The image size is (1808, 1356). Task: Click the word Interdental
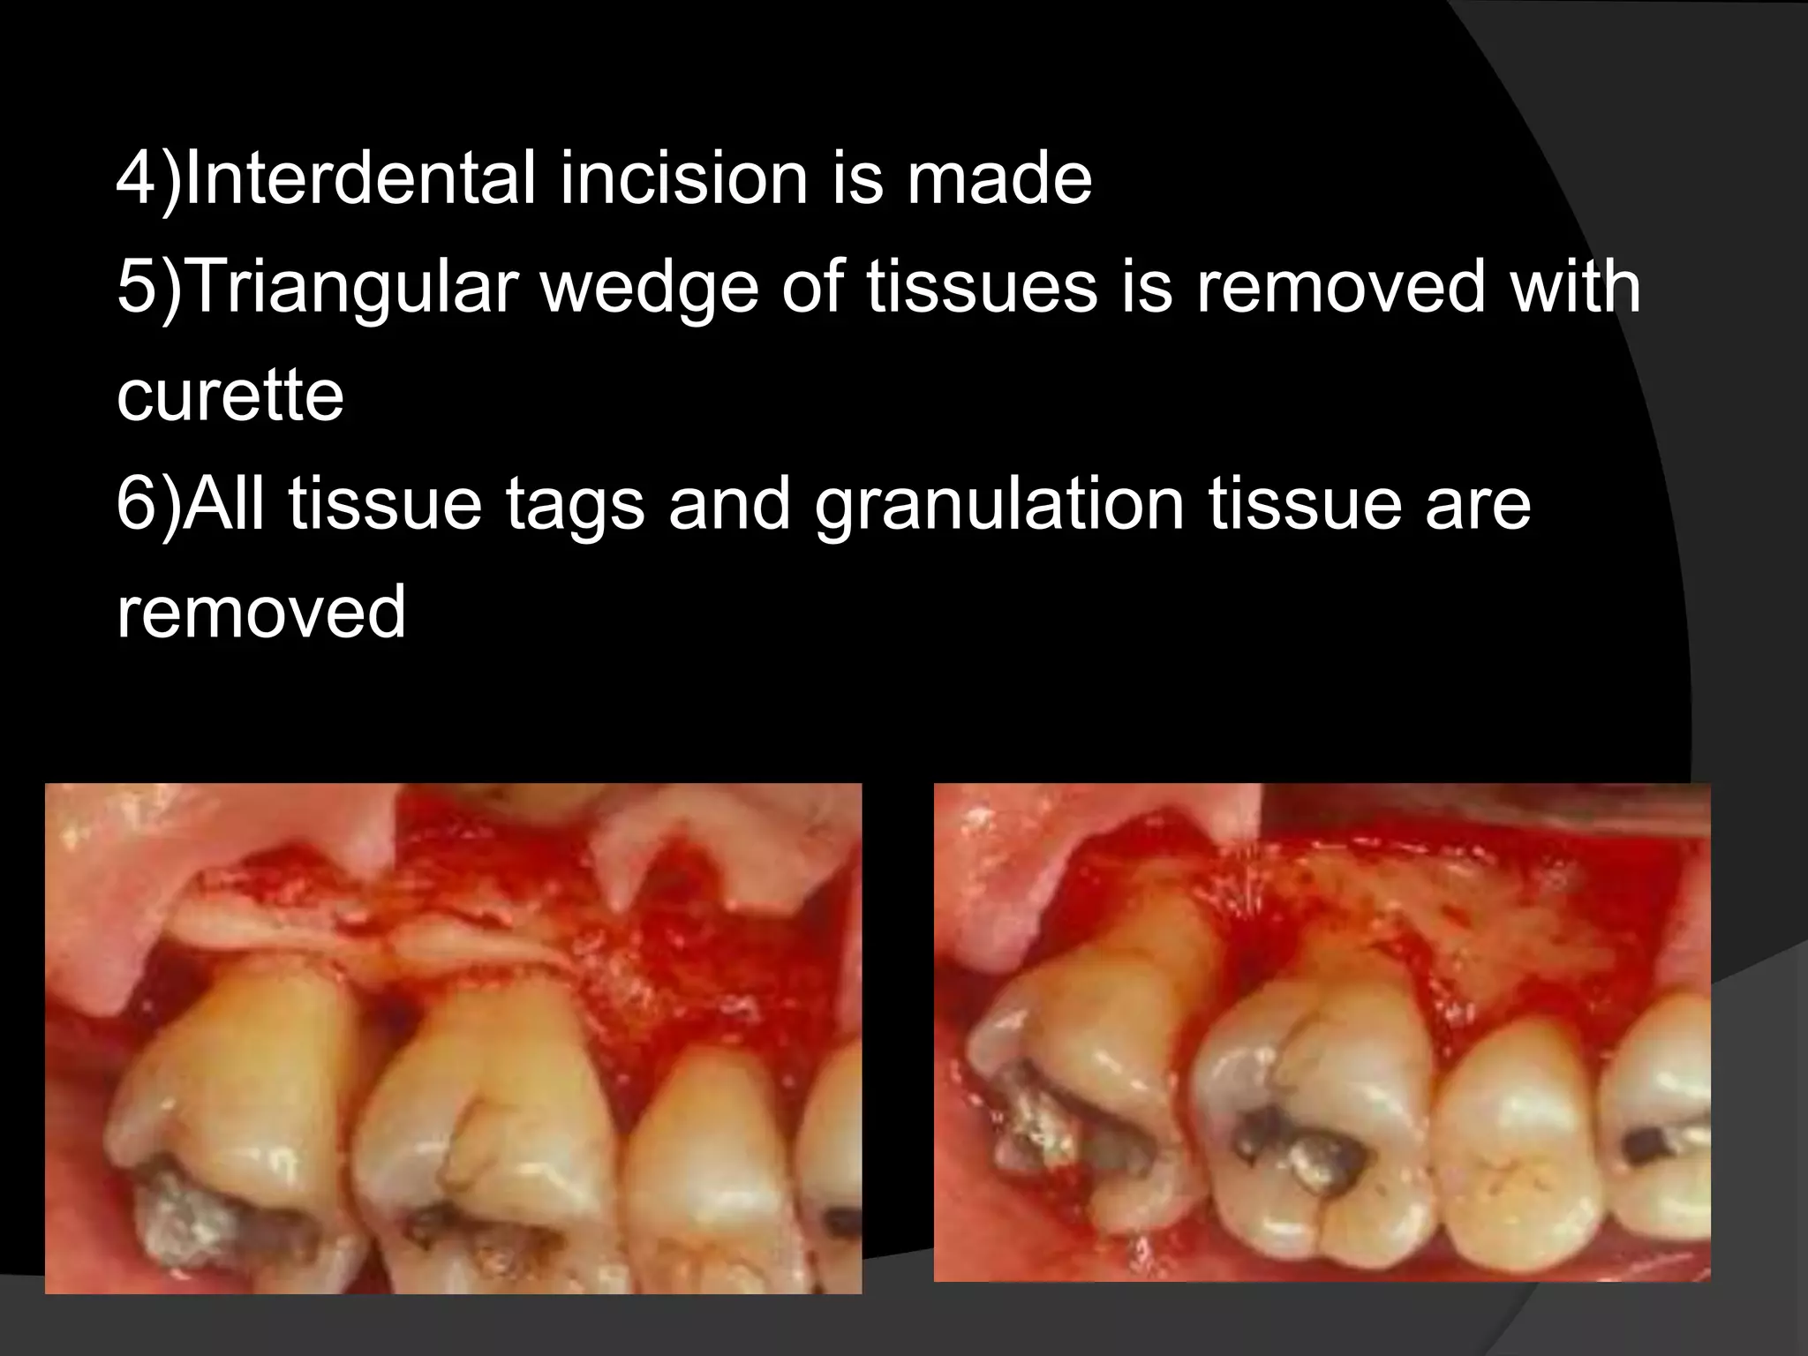point(360,178)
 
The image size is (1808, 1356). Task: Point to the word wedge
point(650,288)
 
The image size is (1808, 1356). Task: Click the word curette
point(230,395)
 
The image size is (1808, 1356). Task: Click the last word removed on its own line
point(261,612)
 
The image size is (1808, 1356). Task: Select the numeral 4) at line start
point(147,178)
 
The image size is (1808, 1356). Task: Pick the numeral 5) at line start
point(147,288)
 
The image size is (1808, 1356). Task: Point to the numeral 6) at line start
point(147,504)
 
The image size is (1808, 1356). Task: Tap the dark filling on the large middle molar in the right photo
point(1298,1148)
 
